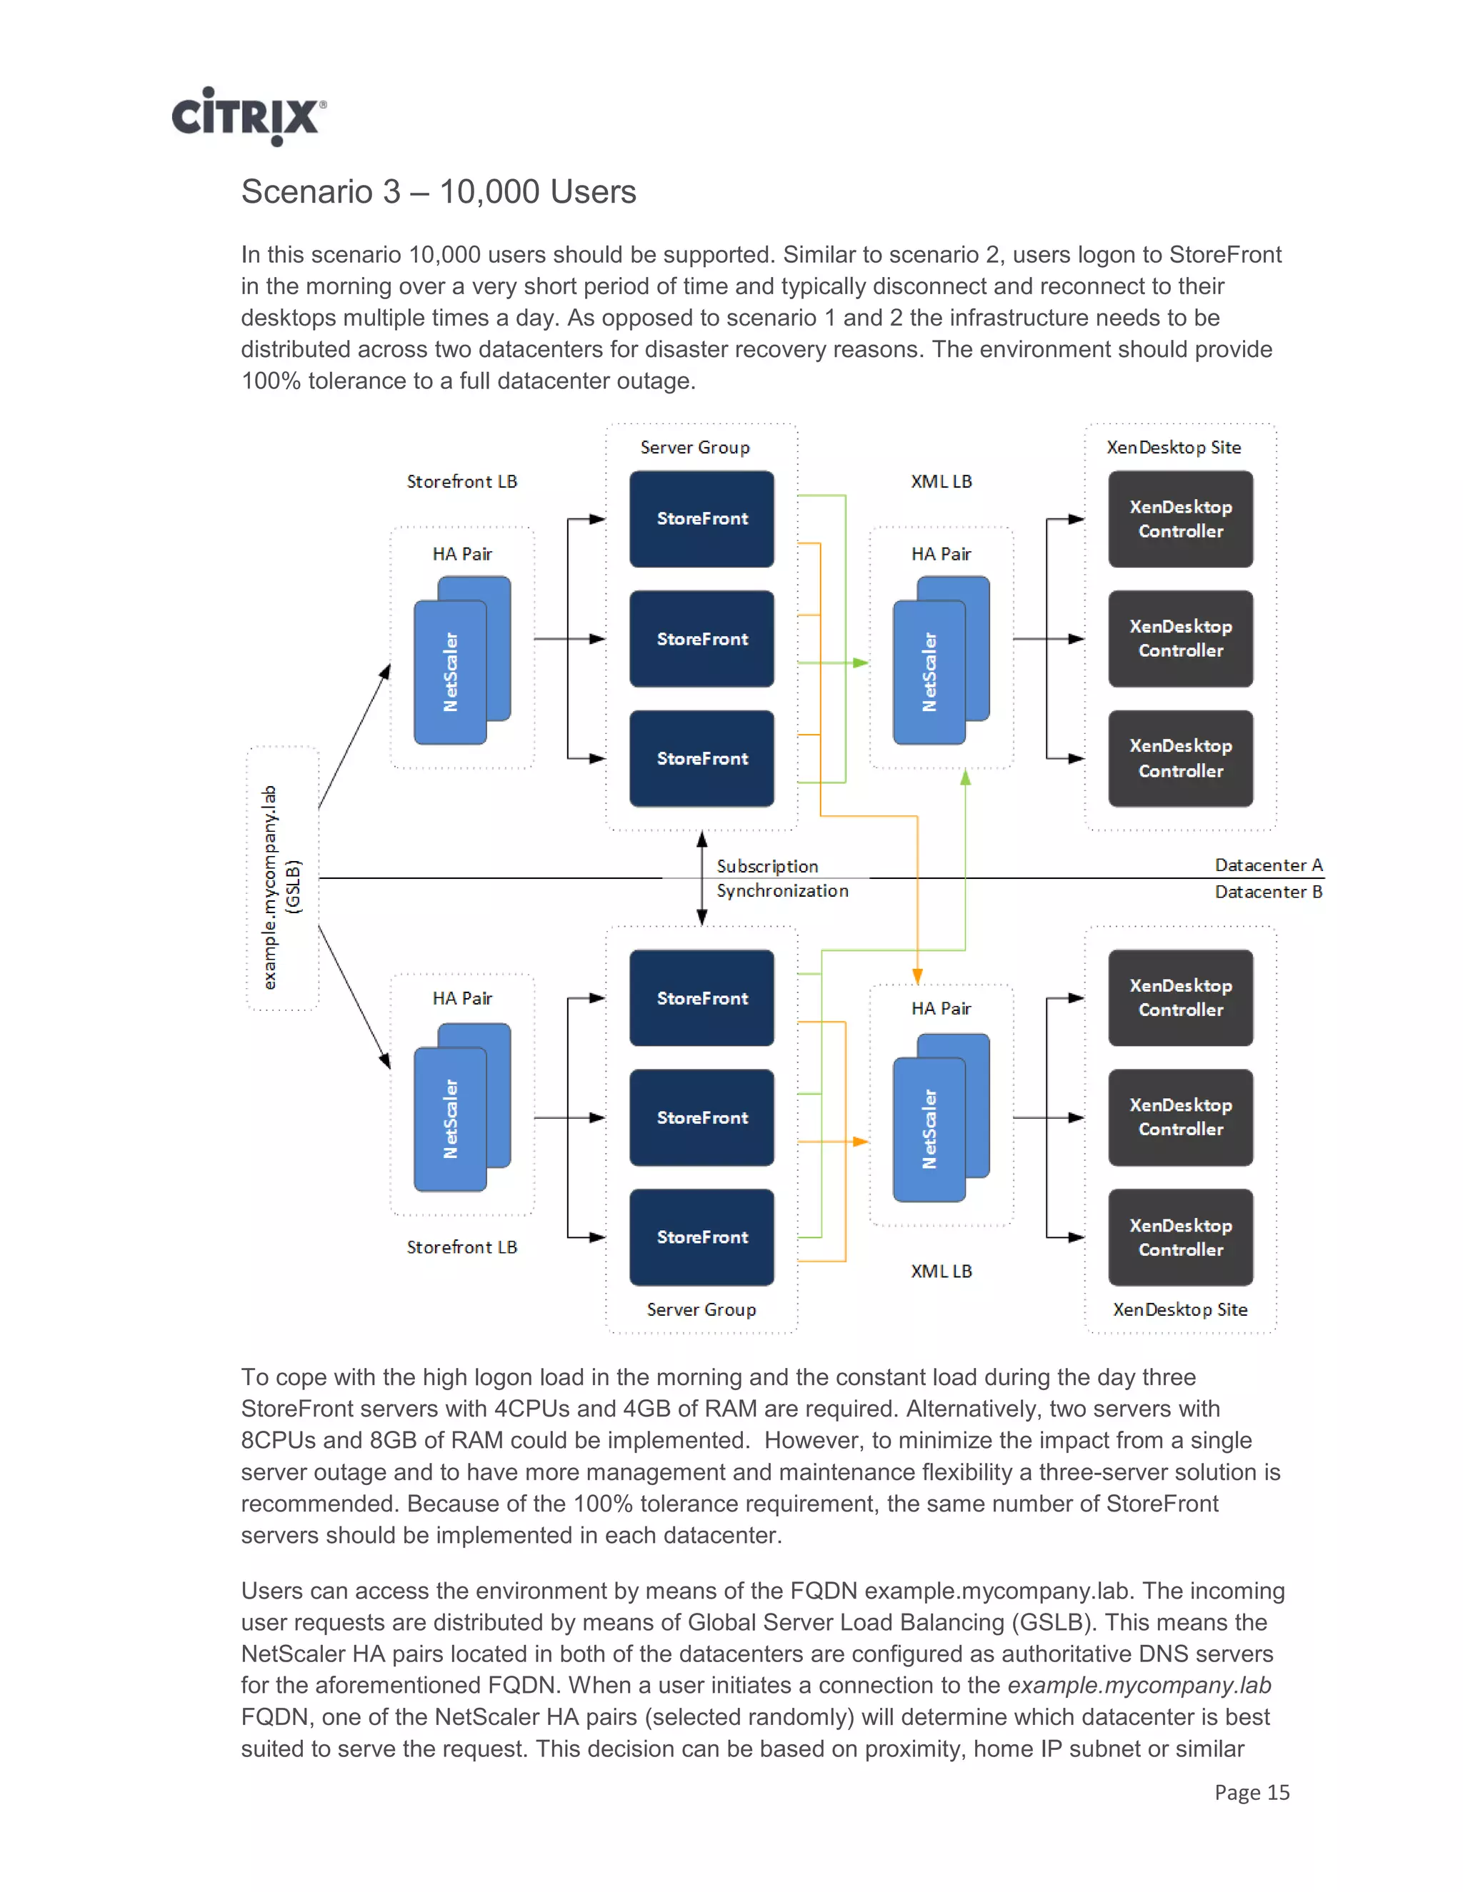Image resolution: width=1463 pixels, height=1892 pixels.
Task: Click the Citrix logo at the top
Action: point(248,117)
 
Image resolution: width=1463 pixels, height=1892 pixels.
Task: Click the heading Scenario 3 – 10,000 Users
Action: point(438,191)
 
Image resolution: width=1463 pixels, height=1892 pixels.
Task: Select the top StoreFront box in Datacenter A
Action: point(701,518)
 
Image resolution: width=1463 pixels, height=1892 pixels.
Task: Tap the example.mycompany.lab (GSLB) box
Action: point(283,878)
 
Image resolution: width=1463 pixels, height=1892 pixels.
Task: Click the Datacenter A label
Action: point(1268,865)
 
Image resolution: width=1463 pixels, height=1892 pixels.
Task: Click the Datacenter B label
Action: point(1268,892)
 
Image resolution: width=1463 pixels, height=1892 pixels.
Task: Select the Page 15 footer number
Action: point(1251,1791)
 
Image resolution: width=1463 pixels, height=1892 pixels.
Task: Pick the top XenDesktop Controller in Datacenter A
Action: point(1179,518)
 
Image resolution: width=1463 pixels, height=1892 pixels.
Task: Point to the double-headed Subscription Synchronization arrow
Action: point(701,877)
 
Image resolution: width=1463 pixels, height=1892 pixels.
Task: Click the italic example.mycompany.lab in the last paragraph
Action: point(1138,1685)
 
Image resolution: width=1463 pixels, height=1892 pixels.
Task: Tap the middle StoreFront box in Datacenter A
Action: point(701,638)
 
